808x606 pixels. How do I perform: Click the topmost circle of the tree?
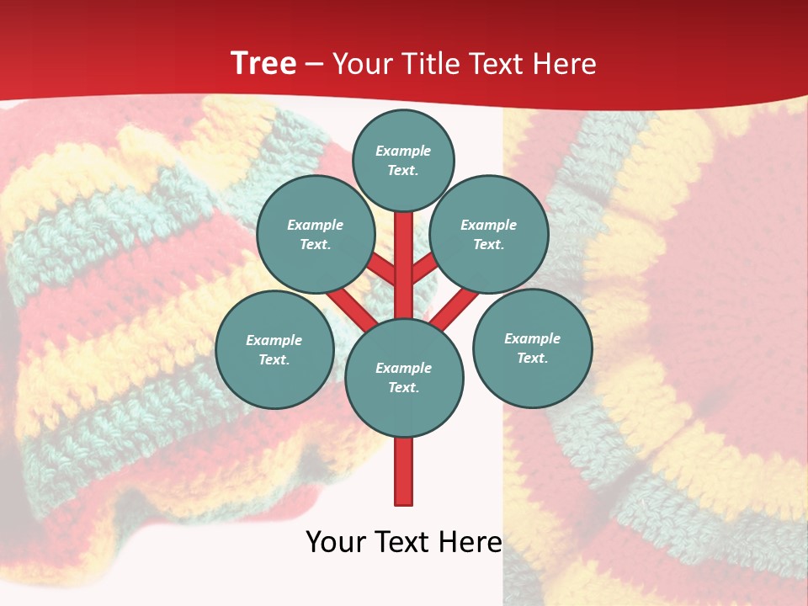403,160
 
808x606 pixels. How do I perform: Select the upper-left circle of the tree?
315,234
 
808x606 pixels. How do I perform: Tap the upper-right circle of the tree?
489,234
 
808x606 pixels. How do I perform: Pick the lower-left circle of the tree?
274,349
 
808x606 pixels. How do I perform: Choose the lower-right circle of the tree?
533,348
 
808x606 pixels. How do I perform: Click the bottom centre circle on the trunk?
404,377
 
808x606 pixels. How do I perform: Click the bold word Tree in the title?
263,64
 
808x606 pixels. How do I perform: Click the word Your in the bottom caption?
336,543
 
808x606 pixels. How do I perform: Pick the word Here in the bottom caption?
470,543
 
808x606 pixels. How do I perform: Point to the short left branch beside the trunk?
381,268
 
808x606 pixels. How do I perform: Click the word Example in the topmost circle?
403,151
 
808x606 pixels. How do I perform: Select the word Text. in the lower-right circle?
533,358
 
